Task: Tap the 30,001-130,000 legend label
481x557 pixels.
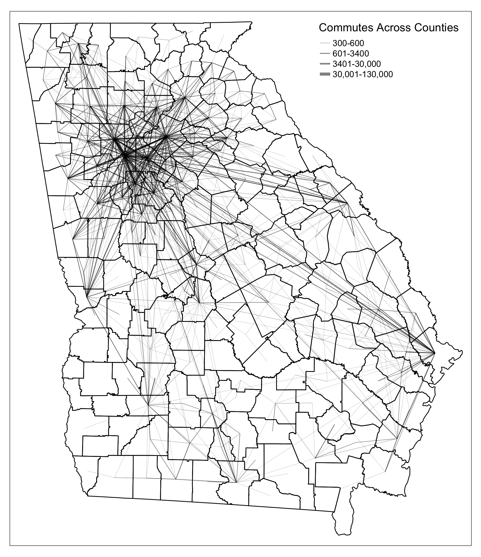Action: [x=363, y=74]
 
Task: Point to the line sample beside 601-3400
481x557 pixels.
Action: [x=325, y=54]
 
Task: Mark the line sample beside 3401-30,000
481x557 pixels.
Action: [x=325, y=64]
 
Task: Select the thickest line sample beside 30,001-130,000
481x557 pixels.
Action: [x=325, y=74]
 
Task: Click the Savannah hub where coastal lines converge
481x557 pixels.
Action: [x=434, y=352]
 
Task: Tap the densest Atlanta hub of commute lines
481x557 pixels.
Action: [x=125, y=155]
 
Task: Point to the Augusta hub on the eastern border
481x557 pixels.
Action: [x=347, y=203]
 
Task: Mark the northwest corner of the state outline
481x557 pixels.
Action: [x=19, y=24]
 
